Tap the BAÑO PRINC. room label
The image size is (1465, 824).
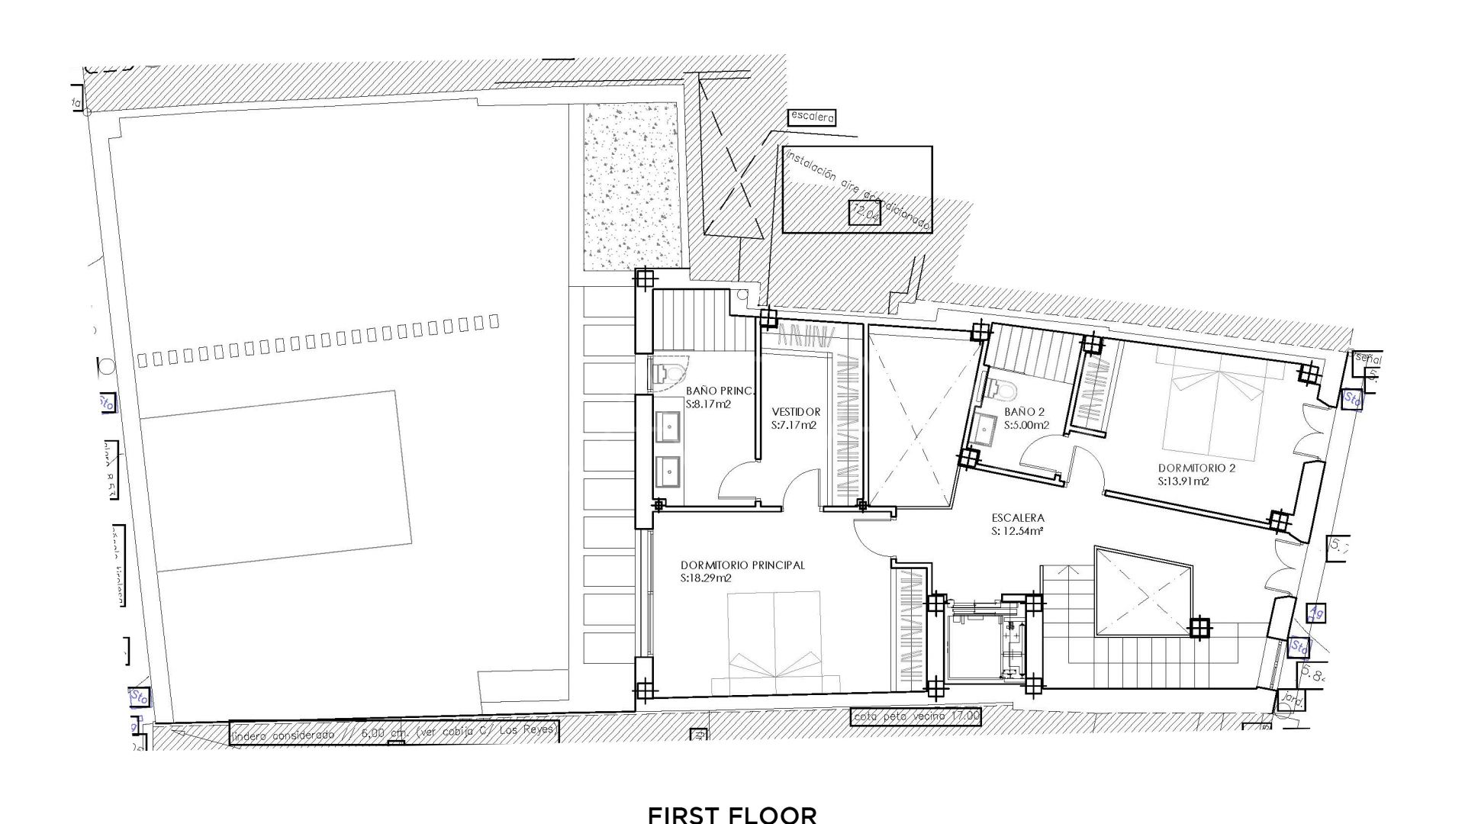point(720,391)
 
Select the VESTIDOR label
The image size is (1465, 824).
point(796,412)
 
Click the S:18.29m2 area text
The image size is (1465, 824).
point(706,579)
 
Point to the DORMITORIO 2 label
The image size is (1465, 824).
point(1196,468)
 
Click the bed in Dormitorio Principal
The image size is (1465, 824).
point(774,643)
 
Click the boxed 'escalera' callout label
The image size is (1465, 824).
point(813,117)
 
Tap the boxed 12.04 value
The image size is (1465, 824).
point(865,214)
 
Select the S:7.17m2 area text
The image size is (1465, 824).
point(794,425)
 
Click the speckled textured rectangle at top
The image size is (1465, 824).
point(630,187)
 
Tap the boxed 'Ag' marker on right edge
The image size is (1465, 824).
point(1315,612)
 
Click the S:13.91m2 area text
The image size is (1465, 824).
point(1183,481)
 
